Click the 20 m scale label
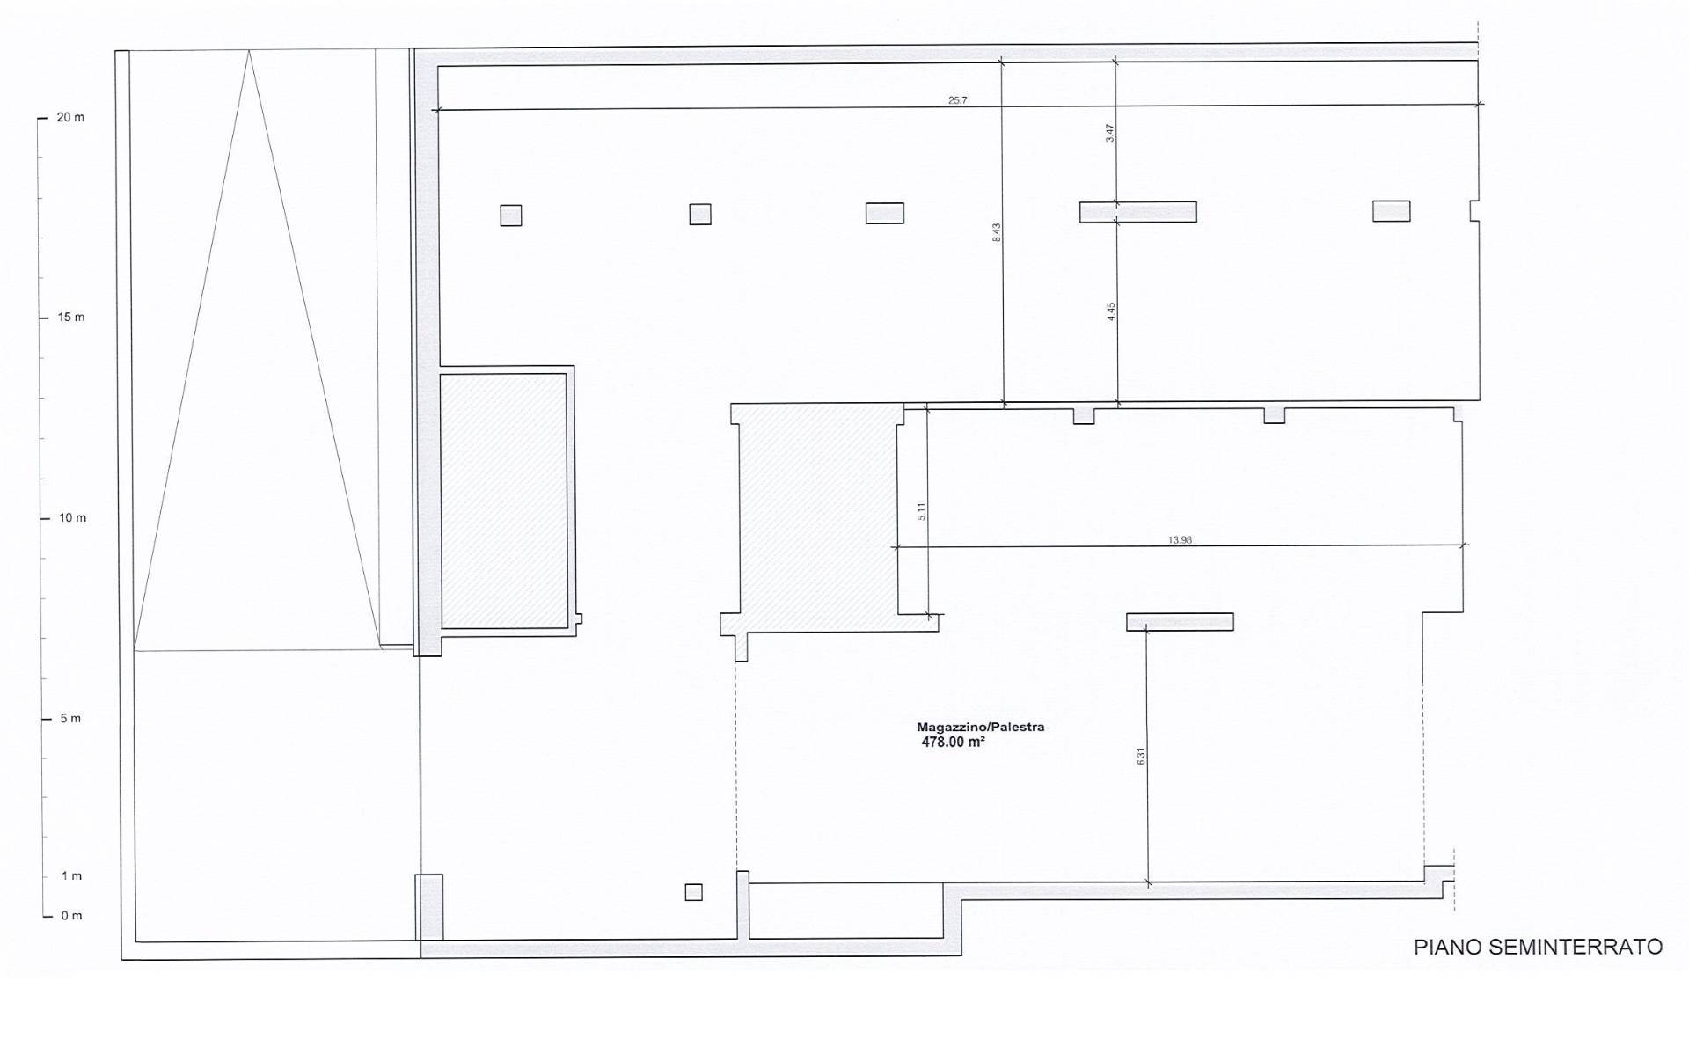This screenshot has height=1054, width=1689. (70, 117)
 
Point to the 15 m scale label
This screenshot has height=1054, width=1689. (71, 317)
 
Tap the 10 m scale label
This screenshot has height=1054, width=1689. (72, 517)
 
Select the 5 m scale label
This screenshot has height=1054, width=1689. (70, 718)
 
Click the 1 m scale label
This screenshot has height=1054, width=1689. (71, 875)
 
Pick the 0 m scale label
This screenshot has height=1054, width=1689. (71, 916)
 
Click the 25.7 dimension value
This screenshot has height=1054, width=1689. (957, 100)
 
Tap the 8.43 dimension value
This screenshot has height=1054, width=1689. (997, 233)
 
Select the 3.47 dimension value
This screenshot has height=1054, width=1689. (1110, 133)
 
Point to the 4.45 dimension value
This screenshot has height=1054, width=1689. (1111, 311)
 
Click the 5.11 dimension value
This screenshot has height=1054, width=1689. (921, 511)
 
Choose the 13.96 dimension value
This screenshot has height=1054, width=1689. (1180, 539)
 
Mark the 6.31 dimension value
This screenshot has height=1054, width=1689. (1141, 756)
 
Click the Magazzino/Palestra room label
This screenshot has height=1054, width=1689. (981, 727)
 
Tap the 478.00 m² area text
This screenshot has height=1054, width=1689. (953, 742)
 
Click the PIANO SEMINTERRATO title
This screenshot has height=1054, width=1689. (1538, 947)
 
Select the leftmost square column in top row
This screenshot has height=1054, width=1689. (511, 216)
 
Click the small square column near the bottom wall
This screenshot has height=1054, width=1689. (694, 892)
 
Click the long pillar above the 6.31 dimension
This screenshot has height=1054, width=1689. (1180, 622)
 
